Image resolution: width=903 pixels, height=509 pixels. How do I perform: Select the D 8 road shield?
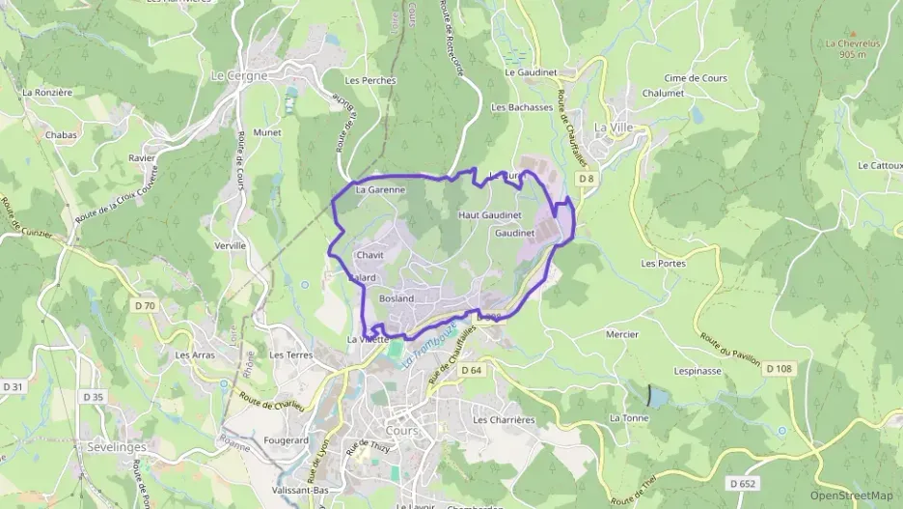point(587,179)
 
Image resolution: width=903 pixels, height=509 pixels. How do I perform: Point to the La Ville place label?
point(613,127)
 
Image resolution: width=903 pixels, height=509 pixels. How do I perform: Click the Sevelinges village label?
point(117,448)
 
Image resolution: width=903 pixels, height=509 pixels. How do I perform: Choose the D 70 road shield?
point(145,306)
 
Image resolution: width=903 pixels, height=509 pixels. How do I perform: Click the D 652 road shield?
point(742,483)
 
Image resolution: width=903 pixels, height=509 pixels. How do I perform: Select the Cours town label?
point(401,431)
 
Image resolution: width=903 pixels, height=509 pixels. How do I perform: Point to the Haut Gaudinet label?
point(489,214)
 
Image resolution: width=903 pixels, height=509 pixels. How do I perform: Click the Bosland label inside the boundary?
point(397,298)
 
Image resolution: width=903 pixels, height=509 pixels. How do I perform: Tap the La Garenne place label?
point(380,190)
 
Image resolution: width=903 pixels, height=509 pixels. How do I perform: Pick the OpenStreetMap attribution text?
point(851,495)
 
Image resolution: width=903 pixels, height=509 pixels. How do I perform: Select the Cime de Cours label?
point(696,78)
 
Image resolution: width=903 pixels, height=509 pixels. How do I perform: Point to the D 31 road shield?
point(14,386)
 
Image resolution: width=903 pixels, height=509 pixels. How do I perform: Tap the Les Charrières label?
point(504,420)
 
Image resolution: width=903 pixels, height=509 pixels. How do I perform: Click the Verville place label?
point(231,246)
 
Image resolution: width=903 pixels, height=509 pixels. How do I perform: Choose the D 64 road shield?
point(471,370)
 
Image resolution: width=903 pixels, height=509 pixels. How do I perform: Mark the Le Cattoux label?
point(879,165)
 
